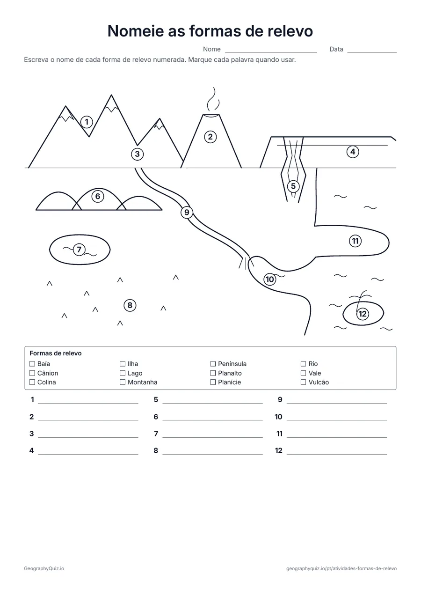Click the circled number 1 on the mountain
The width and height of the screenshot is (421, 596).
pos(87,122)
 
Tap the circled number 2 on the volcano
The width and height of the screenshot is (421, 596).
pos(210,137)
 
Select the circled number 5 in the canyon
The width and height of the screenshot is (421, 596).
pos(293,186)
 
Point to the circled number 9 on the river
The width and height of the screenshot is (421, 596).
pos(187,213)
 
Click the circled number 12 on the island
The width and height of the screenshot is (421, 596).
pos(363,314)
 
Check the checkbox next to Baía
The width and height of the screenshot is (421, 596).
pos(32,364)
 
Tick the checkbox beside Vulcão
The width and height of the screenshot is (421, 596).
pos(303,382)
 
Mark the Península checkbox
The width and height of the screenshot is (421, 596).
pos(213,364)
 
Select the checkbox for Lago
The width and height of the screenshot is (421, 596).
pos(123,373)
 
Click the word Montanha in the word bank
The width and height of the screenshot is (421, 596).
pos(143,383)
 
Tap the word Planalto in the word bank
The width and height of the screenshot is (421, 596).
pos(230,373)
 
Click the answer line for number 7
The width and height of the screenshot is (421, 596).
pos(213,437)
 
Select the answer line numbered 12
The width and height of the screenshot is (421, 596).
pos(337,454)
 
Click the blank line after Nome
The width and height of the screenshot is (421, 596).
pos(271,53)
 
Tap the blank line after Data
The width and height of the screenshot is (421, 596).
pos(372,53)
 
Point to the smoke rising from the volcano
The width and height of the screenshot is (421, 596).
pos(213,100)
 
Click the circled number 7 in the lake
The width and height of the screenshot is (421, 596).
pos(79,250)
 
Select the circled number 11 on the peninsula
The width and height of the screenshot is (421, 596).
pos(355,241)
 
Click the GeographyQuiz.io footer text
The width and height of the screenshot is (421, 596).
pos(44,568)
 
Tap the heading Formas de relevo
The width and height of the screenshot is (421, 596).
pos(56,353)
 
